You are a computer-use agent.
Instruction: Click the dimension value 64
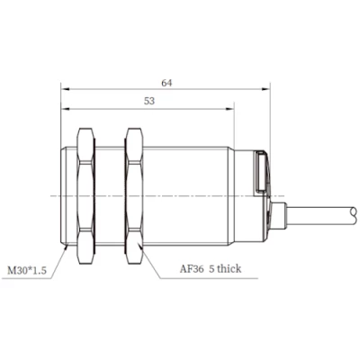(166, 83)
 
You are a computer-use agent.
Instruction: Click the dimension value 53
(149, 101)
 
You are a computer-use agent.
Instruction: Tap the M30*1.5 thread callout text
(27, 271)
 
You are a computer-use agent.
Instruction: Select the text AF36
(192, 269)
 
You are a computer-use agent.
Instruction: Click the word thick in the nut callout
(229, 268)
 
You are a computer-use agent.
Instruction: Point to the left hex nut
(85, 196)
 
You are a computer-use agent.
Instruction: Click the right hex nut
(134, 196)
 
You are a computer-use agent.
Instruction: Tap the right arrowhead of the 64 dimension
(265, 89)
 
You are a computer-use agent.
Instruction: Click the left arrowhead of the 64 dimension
(65, 89)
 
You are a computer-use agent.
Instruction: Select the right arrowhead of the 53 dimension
(229, 109)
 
